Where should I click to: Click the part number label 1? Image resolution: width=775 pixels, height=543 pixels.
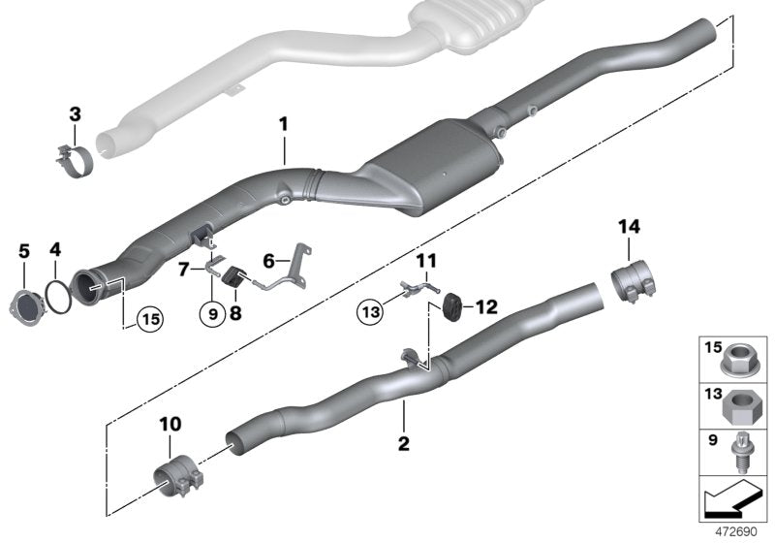(284, 125)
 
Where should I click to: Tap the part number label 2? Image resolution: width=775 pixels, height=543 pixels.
(403, 445)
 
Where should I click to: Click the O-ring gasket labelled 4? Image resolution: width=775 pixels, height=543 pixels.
(59, 295)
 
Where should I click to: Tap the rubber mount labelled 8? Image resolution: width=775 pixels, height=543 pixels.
(232, 278)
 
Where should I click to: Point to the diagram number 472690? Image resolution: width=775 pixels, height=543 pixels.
(735, 532)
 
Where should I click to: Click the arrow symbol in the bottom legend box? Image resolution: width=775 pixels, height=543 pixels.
(733, 500)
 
